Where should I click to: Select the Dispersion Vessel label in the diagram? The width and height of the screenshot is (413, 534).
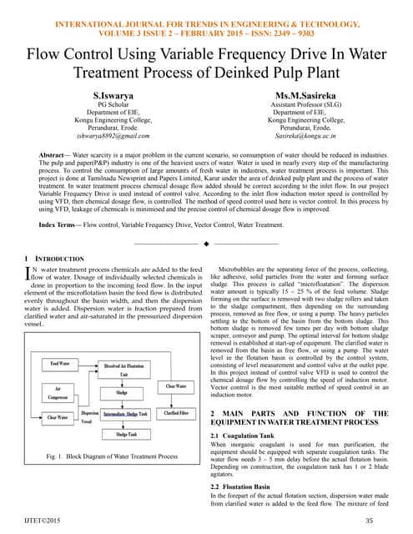[89, 416]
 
